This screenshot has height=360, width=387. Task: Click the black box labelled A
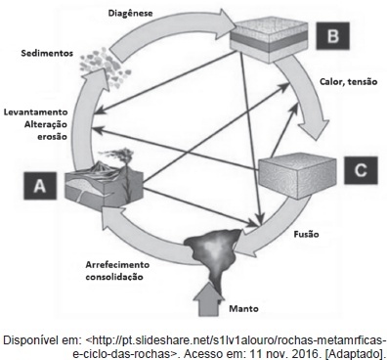pyautogui.click(x=40, y=186)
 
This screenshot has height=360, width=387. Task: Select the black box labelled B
pyautogui.click(x=332, y=36)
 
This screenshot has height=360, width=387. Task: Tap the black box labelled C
pyautogui.click(x=362, y=170)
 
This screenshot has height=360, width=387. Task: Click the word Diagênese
pyautogui.click(x=130, y=14)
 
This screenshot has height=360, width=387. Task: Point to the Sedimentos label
pyautogui.click(x=47, y=53)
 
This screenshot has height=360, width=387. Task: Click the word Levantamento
pyautogui.click(x=36, y=112)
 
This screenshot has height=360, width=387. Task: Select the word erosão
pyautogui.click(x=52, y=137)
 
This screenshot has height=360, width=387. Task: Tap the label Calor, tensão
pyautogui.click(x=348, y=82)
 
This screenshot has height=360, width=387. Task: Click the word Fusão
pyautogui.click(x=306, y=234)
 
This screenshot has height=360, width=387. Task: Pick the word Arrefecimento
pyautogui.click(x=117, y=264)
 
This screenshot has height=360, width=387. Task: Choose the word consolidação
pyautogui.click(x=114, y=277)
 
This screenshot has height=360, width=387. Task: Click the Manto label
pyautogui.click(x=243, y=308)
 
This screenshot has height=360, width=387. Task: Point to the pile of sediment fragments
pyautogui.click(x=106, y=68)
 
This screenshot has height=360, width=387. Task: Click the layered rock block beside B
pyautogui.click(x=269, y=40)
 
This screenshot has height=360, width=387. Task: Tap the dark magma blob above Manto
pyautogui.click(x=213, y=252)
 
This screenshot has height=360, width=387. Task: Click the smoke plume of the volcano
pyautogui.click(x=119, y=155)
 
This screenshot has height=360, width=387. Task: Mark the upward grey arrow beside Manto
pyautogui.click(x=208, y=299)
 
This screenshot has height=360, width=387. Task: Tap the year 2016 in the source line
pyautogui.click(x=304, y=353)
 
